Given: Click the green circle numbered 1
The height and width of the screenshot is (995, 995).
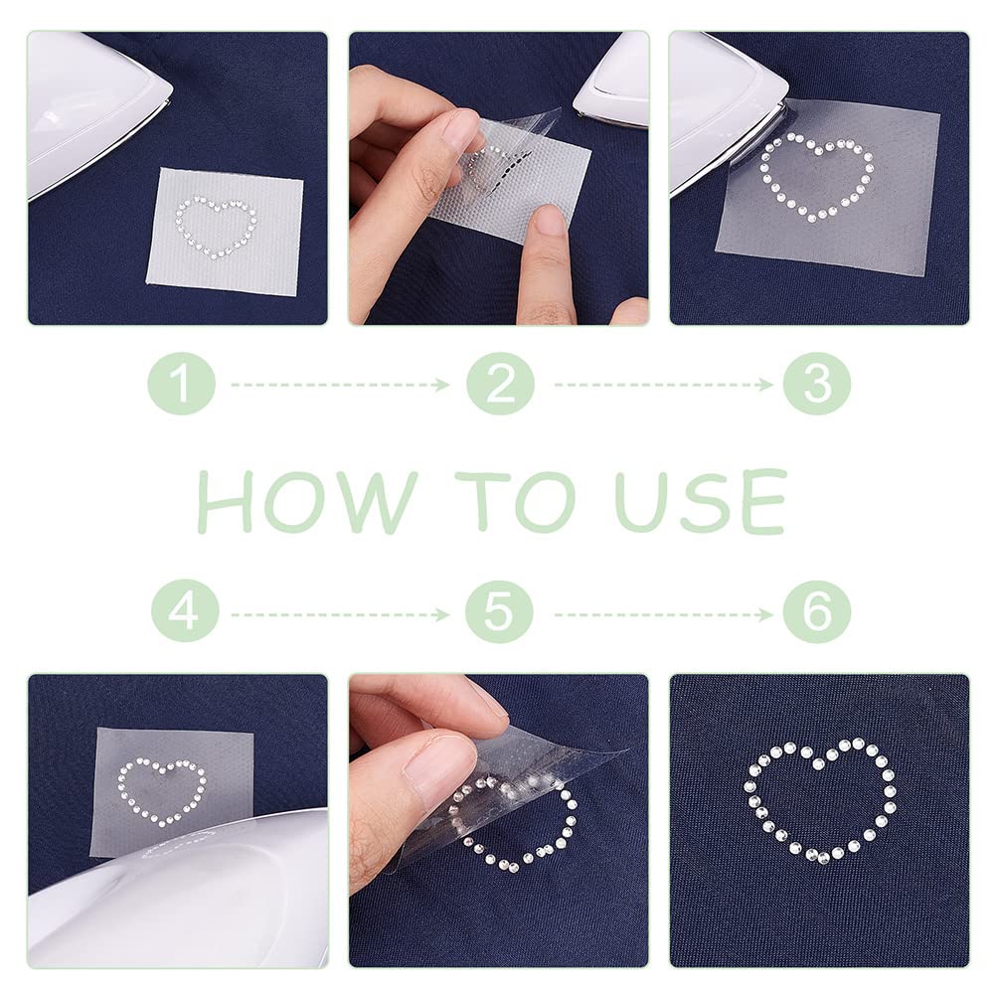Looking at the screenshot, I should pos(182,383).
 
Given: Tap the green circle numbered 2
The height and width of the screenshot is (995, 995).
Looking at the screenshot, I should pos(500,383).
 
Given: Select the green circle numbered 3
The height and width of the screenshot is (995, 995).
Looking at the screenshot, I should pos(817,383).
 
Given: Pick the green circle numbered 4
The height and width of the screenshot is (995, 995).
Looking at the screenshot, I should pos(184,610).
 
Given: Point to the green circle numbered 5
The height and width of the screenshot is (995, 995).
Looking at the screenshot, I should pos(500,610).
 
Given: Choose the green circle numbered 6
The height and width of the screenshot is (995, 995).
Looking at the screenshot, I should pos(817,610).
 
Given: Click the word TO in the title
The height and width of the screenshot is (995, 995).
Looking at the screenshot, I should pos(523,502).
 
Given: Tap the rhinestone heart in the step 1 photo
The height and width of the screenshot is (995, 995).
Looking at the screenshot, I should pos(216,228).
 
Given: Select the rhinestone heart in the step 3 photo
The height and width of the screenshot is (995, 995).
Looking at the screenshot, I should pos(817,177).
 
